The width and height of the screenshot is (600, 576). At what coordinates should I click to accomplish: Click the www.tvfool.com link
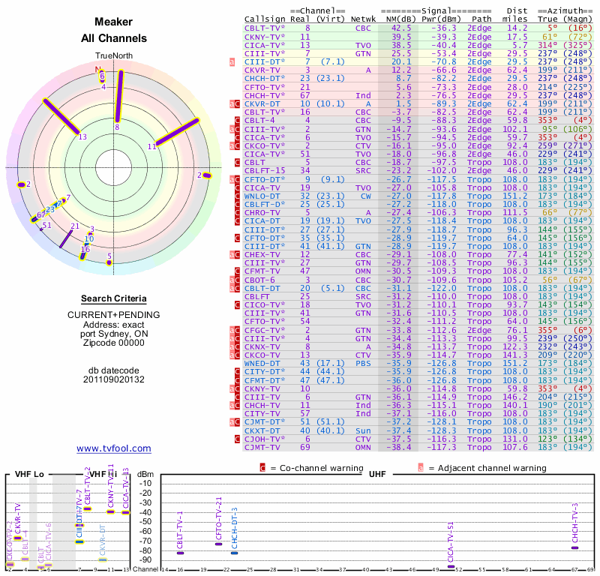114,448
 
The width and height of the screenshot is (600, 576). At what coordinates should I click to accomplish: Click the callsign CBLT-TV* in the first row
263,28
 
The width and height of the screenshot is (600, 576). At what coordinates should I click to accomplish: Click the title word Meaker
114,22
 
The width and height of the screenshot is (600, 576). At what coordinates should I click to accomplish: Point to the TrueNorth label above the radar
114,56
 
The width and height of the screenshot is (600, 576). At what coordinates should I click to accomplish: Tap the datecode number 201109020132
114,379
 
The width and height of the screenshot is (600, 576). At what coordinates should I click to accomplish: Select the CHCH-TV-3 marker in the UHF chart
574,547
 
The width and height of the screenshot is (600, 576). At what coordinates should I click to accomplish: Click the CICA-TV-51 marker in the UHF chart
450,566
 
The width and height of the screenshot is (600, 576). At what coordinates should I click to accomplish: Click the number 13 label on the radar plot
82,136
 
